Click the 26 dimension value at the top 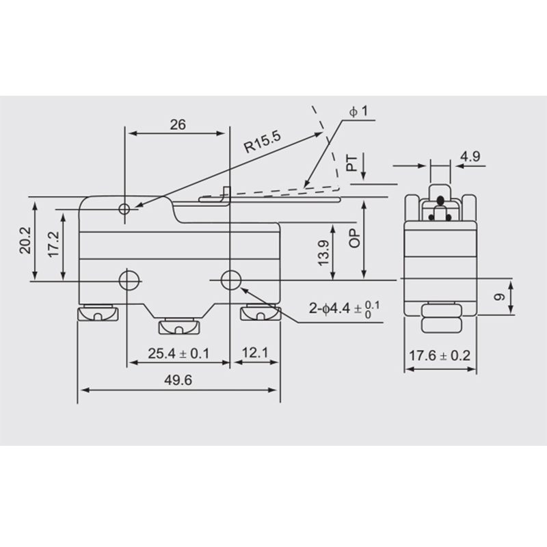[x=178, y=124]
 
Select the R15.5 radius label [x=263, y=142]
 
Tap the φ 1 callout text [x=358, y=111]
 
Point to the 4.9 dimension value [x=470, y=157]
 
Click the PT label [x=352, y=163]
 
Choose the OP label [x=354, y=238]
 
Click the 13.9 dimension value [x=323, y=252]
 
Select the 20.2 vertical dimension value [x=25, y=240]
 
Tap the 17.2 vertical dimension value [x=54, y=244]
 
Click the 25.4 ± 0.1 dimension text [x=178, y=353]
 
